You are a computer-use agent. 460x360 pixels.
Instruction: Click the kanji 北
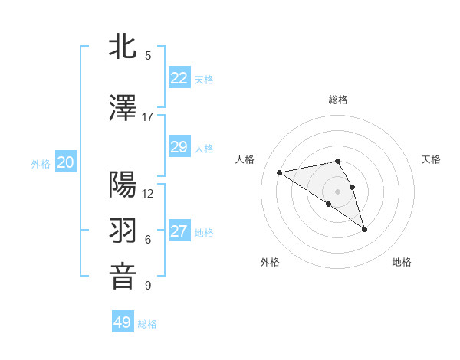[x=123, y=46]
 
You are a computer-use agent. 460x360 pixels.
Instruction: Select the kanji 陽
[x=123, y=184]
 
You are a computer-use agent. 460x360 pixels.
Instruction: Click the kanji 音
[x=123, y=277]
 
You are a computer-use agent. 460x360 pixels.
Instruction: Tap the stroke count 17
[x=147, y=117]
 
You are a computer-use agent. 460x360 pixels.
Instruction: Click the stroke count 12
[x=148, y=193]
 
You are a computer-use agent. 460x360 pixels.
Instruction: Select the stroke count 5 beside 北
[x=148, y=55]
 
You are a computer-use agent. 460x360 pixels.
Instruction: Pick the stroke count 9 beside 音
[x=148, y=286]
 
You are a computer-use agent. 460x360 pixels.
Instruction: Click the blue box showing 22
[x=179, y=77]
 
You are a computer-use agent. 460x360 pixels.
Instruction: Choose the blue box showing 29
[x=179, y=147]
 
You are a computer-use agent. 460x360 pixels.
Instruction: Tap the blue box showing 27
[x=179, y=231]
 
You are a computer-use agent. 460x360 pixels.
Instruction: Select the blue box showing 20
[x=66, y=162]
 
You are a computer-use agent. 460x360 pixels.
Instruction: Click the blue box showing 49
[x=122, y=322]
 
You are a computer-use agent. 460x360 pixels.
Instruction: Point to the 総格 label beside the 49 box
[x=147, y=324]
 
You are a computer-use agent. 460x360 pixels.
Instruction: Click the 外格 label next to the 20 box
[x=41, y=164]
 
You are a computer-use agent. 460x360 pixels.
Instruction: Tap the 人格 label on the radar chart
[x=245, y=159]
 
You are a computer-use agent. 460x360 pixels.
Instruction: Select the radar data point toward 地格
[x=364, y=229]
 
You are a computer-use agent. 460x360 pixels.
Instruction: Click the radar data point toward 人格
[x=280, y=172]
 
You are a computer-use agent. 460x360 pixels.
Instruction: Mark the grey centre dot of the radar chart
[x=337, y=191]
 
